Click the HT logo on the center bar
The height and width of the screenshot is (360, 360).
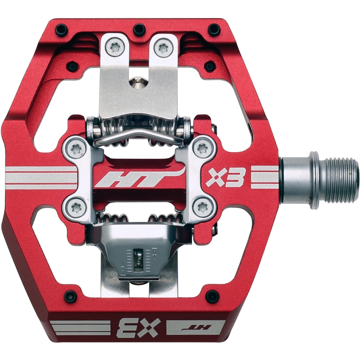140,178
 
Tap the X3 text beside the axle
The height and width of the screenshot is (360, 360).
224,177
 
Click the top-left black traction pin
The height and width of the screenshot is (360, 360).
62,29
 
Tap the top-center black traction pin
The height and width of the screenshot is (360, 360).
139,29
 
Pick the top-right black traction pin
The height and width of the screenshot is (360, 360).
214,29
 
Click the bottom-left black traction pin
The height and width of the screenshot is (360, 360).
70,296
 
